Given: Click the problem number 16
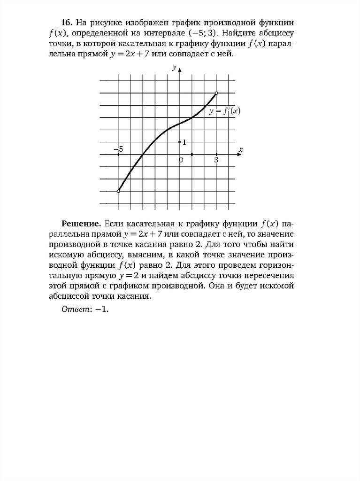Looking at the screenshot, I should pyautogui.click(x=66, y=22).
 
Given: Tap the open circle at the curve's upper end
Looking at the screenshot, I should pyautogui.click(x=216, y=93).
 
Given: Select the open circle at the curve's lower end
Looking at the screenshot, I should pyautogui.click(x=118, y=191).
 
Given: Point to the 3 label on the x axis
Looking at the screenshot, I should pyautogui.click(x=216, y=160).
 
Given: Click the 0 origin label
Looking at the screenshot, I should pyautogui.click(x=181, y=160).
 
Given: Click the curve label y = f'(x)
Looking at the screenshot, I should pyautogui.click(x=225, y=111).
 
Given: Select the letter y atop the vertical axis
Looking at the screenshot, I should pyautogui.click(x=174, y=67).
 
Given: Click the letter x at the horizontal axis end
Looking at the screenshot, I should pyautogui.click(x=240, y=149).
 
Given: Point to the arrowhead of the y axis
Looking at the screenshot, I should pyautogui.click(x=180, y=70).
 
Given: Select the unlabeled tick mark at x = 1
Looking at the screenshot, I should pyautogui.click(x=192, y=154).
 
